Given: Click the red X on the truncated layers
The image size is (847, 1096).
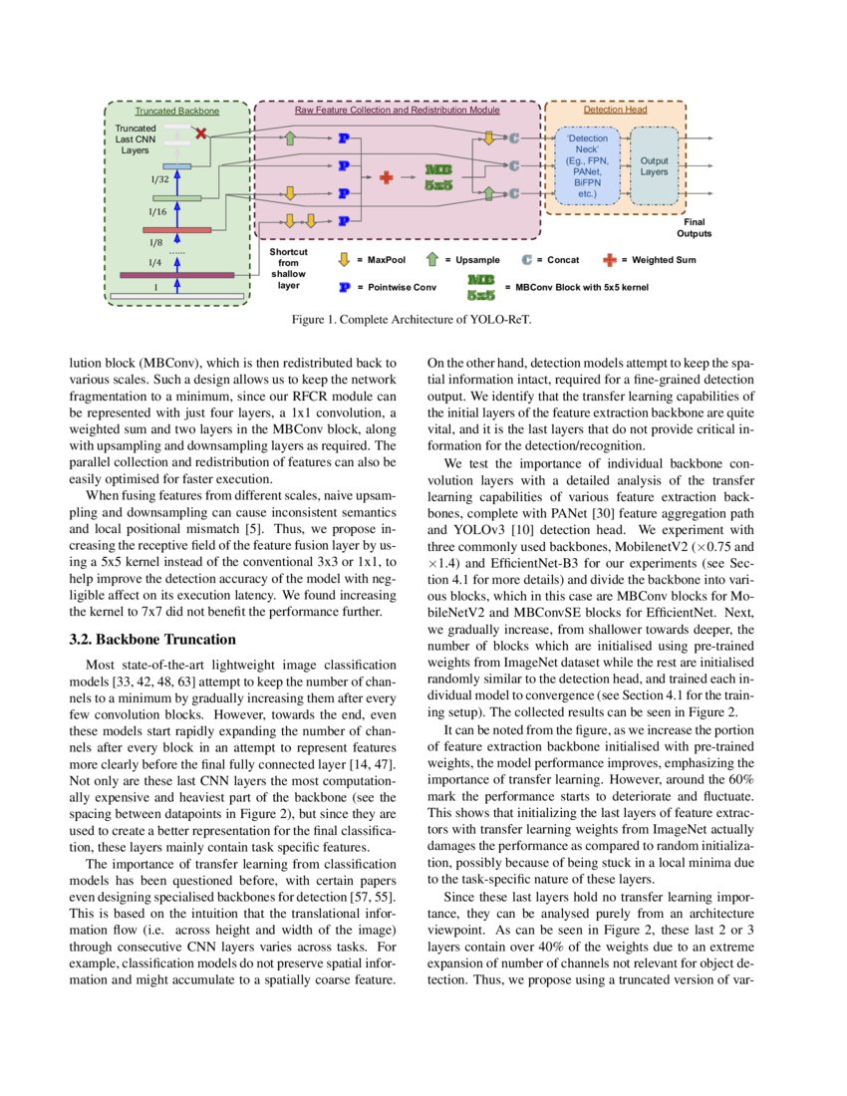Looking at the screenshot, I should pyautogui.click(x=202, y=133).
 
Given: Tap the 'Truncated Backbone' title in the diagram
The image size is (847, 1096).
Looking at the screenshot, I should pyautogui.click(x=176, y=111).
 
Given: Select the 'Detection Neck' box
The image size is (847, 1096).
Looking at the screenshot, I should pyautogui.click(x=587, y=166).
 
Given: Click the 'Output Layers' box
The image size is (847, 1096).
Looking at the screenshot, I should pyautogui.click(x=654, y=166).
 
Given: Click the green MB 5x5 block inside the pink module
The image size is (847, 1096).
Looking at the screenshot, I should pyautogui.click(x=439, y=177).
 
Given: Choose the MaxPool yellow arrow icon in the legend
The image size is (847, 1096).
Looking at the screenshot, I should pyautogui.click(x=343, y=259).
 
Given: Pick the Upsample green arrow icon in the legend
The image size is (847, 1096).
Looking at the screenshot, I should pyautogui.click(x=430, y=259).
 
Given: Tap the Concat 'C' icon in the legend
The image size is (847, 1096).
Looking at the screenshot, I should pyautogui.click(x=527, y=259).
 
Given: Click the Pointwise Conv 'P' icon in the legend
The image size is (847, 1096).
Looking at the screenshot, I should pyautogui.click(x=343, y=287).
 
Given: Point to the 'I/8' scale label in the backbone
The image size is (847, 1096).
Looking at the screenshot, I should pyautogui.click(x=156, y=242).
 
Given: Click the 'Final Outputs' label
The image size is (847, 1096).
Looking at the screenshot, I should pyautogui.click(x=695, y=228).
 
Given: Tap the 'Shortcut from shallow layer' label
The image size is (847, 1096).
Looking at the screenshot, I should pyautogui.click(x=288, y=268).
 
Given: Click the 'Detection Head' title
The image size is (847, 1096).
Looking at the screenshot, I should pyautogui.click(x=615, y=111).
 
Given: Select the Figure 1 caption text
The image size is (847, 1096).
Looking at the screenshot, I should pyautogui.click(x=423, y=321).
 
